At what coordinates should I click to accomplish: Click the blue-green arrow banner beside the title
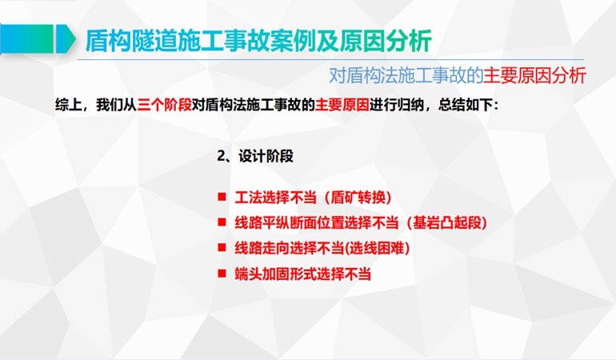coord(38,38)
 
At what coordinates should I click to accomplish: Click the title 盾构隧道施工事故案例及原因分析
coord(258,41)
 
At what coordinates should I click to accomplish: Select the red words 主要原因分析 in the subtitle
coord(534,75)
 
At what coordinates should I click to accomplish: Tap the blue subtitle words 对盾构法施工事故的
coord(406,75)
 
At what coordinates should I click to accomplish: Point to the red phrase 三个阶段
coord(164,105)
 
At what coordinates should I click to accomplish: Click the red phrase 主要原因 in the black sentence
coord(342,105)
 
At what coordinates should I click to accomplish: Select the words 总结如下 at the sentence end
coord(466,105)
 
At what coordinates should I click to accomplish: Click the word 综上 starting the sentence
coord(68,105)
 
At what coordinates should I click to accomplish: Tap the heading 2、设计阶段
coord(255,156)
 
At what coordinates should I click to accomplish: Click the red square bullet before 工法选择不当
coord(222,197)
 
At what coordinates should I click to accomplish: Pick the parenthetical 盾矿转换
coord(358,198)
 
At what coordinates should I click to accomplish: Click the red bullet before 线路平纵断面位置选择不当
coord(222,222)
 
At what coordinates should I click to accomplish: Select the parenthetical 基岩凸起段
coord(446,223)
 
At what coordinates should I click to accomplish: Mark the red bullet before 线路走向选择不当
coord(222,247)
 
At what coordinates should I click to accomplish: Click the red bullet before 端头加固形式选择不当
coord(222,273)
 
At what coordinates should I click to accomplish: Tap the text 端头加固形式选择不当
coord(303,274)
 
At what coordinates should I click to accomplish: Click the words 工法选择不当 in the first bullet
coord(275,198)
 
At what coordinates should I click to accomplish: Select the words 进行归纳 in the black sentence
coord(396,105)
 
